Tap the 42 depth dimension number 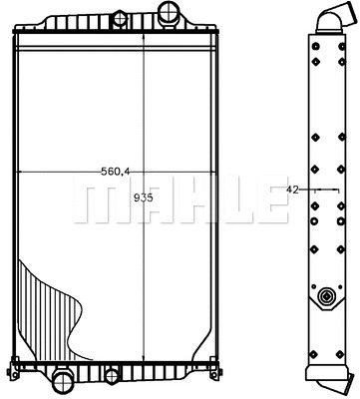292,188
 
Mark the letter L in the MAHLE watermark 226,199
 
